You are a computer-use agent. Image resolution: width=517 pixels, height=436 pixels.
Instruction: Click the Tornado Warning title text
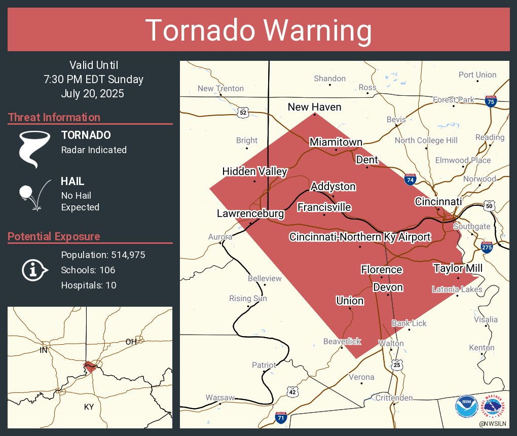(258, 30)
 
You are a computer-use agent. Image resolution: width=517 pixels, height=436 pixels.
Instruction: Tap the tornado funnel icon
(34, 149)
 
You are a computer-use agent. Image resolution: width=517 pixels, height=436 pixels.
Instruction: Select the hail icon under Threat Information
(33, 194)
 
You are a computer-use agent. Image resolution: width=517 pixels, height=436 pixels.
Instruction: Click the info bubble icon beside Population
(34, 270)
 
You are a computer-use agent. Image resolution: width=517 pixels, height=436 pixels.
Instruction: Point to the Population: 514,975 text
(103, 255)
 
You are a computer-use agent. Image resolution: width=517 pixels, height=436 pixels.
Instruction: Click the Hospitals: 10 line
(89, 285)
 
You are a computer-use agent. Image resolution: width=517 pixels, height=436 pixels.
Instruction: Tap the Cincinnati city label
(438, 202)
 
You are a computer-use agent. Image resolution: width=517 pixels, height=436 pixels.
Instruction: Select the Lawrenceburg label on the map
(250, 214)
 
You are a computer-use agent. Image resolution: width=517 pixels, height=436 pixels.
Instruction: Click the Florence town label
(382, 270)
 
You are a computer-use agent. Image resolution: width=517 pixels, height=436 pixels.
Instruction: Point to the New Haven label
(314, 107)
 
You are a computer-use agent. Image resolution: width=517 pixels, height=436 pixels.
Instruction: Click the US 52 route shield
(243, 113)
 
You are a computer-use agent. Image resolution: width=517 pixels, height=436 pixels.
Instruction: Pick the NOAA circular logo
(466, 407)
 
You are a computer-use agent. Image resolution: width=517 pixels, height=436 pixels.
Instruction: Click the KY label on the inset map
(89, 407)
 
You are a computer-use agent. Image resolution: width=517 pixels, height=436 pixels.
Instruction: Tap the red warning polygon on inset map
(90, 366)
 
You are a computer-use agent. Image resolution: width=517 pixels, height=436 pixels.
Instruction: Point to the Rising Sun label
(248, 299)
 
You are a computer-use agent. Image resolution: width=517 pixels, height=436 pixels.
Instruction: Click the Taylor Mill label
(458, 268)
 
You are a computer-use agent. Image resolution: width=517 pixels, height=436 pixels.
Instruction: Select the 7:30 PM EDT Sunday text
(93, 80)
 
